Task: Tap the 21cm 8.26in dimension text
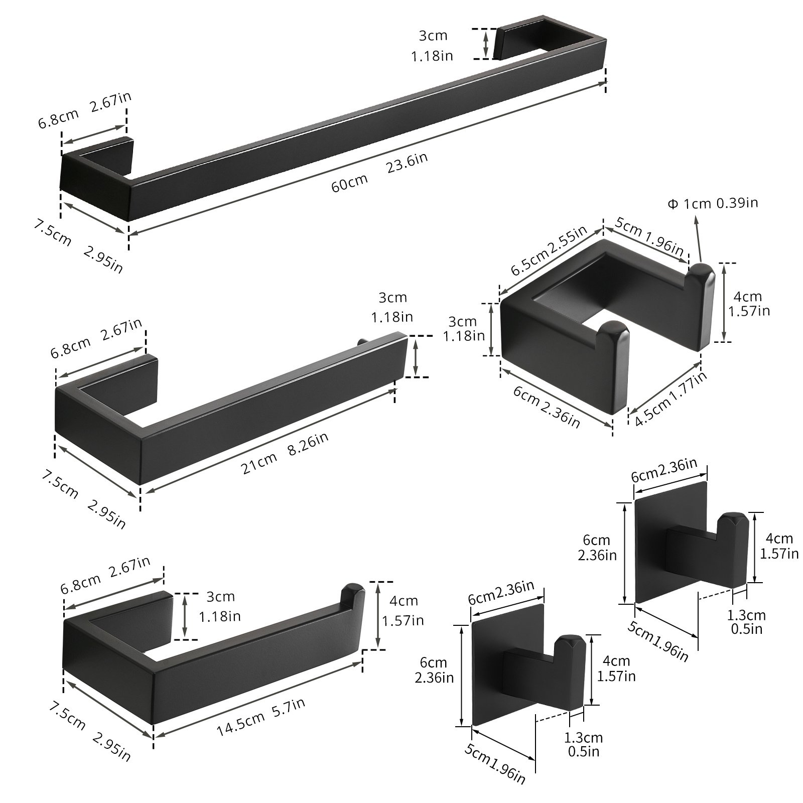(285, 453)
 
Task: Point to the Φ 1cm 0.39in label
(712, 203)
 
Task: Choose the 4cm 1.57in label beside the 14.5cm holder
(403, 611)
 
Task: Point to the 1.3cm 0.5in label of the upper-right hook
(747, 622)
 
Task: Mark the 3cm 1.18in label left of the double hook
(463, 328)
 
